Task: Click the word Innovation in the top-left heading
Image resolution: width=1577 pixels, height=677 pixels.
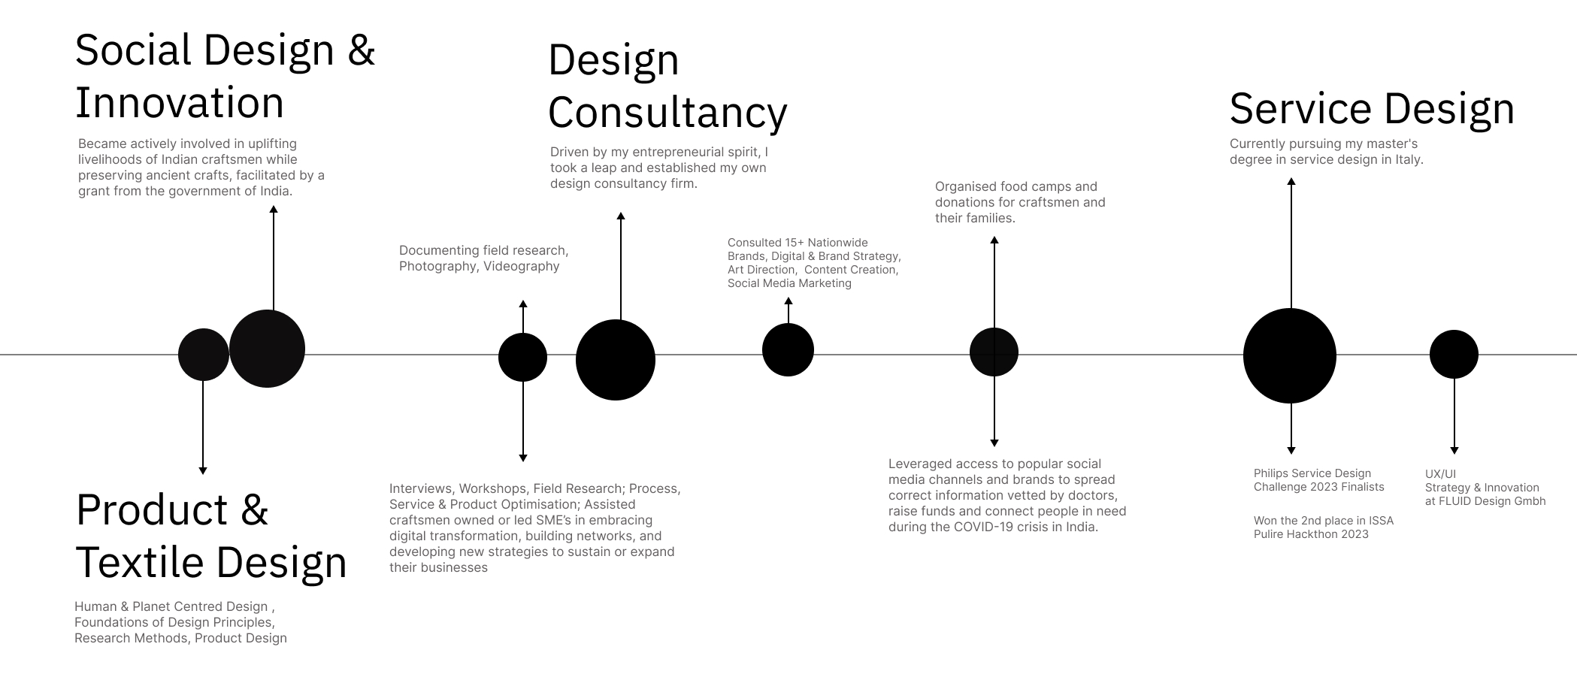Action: [x=180, y=103]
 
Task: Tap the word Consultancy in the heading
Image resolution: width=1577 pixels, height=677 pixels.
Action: [x=667, y=113]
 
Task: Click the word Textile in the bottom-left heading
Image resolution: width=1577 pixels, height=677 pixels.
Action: [x=140, y=563]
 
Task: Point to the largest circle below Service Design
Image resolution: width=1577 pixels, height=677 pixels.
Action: [x=1290, y=355]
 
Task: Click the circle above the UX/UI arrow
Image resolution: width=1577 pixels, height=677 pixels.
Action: [x=1454, y=354]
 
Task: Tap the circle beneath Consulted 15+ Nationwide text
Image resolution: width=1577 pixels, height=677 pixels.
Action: [x=788, y=349]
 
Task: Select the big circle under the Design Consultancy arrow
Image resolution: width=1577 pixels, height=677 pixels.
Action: [x=616, y=360]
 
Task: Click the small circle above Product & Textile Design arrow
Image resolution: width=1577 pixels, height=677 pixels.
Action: [x=203, y=354]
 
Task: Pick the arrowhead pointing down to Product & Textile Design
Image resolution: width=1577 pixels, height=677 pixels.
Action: [x=203, y=470]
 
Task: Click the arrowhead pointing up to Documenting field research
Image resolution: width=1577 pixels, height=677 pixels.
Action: [x=523, y=304]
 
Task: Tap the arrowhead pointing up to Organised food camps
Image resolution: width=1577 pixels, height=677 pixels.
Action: [x=994, y=240]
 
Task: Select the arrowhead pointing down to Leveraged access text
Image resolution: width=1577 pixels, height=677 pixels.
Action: [x=994, y=443]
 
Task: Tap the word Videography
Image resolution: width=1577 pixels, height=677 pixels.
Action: [x=521, y=266]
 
